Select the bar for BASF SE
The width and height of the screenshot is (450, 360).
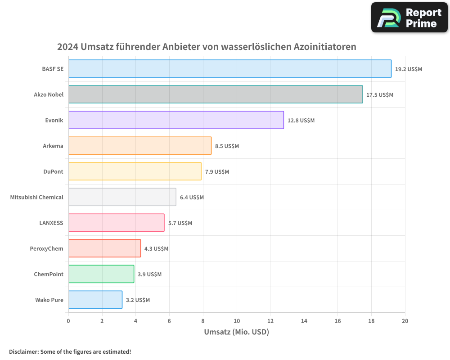coord(229,69)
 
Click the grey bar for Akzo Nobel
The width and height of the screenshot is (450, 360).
coord(215,94)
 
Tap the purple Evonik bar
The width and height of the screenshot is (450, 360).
coord(176,120)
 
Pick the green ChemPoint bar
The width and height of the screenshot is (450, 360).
coord(101,274)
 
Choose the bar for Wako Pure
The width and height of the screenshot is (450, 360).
coord(95,300)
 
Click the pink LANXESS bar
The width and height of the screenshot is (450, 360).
coord(116,223)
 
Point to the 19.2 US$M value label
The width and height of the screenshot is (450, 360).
coord(409,69)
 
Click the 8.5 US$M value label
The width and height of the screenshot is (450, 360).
coord(227,146)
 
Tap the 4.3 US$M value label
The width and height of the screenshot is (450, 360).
coord(156,249)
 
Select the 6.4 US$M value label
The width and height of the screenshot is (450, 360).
coord(192,198)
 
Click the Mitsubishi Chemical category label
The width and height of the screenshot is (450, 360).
coord(37,197)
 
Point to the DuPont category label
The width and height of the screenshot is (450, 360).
coord(53,171)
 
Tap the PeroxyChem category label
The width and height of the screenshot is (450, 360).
coord(46,248)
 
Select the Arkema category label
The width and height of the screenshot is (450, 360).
coord(53,146)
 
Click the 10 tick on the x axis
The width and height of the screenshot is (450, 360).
coord(237,321)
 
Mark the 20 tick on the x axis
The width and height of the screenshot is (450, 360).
coord(405,321)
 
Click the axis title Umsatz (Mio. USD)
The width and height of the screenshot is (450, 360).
coord(236,332)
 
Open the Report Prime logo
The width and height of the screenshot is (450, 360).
coord(409,18)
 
